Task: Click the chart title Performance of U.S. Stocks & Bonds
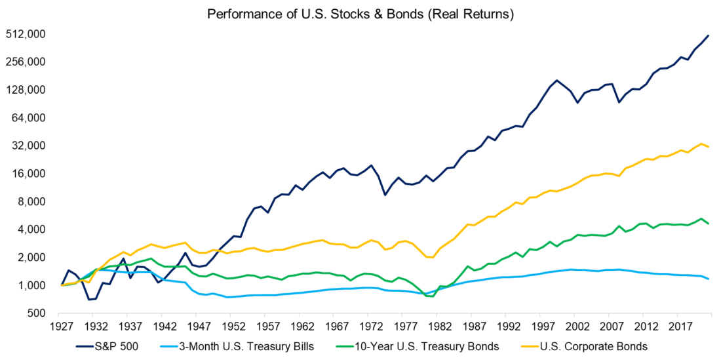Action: (360, 13)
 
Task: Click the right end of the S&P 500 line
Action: (709, 35)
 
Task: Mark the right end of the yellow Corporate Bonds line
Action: (709, 146)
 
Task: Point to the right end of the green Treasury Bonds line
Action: (709, 224)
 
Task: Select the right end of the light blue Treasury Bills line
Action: (709, 279)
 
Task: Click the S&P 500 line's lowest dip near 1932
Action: (88, 300)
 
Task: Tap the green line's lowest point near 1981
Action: (433, 296)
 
